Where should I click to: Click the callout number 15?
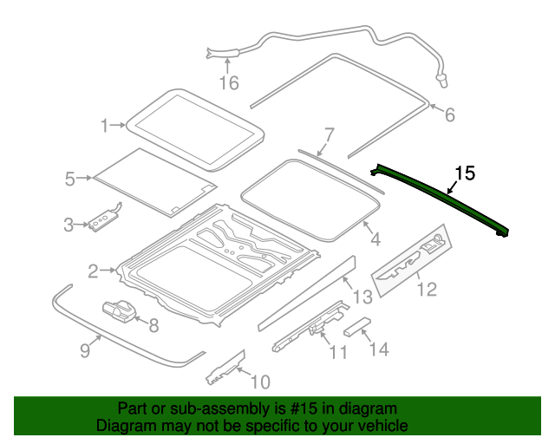tap(465, 173)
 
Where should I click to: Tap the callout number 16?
tap(228, 83)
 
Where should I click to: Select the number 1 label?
tap(106, 126)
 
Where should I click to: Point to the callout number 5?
tap(70, 179)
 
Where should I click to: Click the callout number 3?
tap(69, 225)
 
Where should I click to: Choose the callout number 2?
tap(94, 271)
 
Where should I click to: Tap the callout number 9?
tap(85, 349)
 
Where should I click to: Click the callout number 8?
tap(153, 326)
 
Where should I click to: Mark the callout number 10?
tap(259, 381)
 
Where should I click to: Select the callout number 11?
tap(337, 352)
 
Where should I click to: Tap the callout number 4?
tap(375, 239)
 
